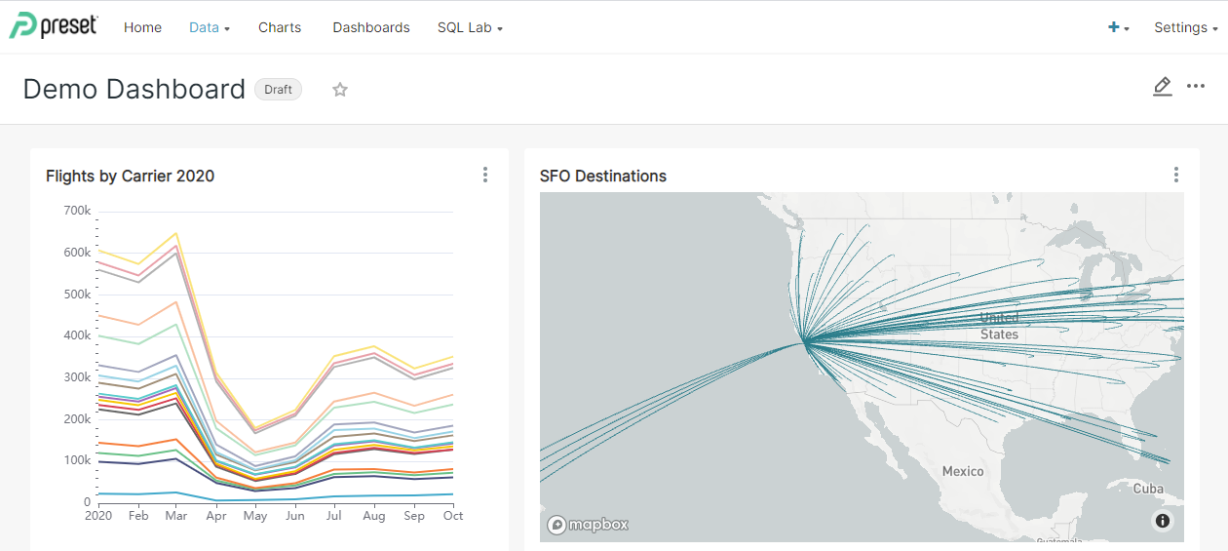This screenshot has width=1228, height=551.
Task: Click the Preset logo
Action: point(54,26)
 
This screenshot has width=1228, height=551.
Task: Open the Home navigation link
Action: point(142,27)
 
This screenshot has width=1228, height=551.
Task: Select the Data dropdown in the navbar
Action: point(209,27)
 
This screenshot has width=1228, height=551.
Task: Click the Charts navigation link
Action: point(280,27)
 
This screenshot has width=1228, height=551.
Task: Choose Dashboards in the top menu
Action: point(371,27)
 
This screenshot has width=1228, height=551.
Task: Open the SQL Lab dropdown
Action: point(470,27)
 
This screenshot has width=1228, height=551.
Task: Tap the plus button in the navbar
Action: point(1118,27)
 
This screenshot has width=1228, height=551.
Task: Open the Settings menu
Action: point(1185,27)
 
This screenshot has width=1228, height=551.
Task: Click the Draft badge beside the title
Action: point(278,90)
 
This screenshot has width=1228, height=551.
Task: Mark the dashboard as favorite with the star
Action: point(340,90)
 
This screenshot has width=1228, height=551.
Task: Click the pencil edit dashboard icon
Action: point(1162,87)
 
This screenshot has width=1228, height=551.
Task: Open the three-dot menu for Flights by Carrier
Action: point(485,176)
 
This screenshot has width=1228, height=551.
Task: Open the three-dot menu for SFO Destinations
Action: point(1176,176)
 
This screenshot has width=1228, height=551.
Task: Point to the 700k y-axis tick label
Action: point(77,211)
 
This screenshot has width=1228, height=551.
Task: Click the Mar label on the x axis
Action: point(176,516)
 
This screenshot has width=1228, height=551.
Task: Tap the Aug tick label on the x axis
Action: point(373,516)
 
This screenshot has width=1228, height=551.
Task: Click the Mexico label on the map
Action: point(963,472)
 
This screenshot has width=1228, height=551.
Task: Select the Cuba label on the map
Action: point(1148,489)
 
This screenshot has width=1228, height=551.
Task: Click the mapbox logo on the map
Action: point(588,525)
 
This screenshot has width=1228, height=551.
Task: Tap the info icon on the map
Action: point(1163,521)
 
